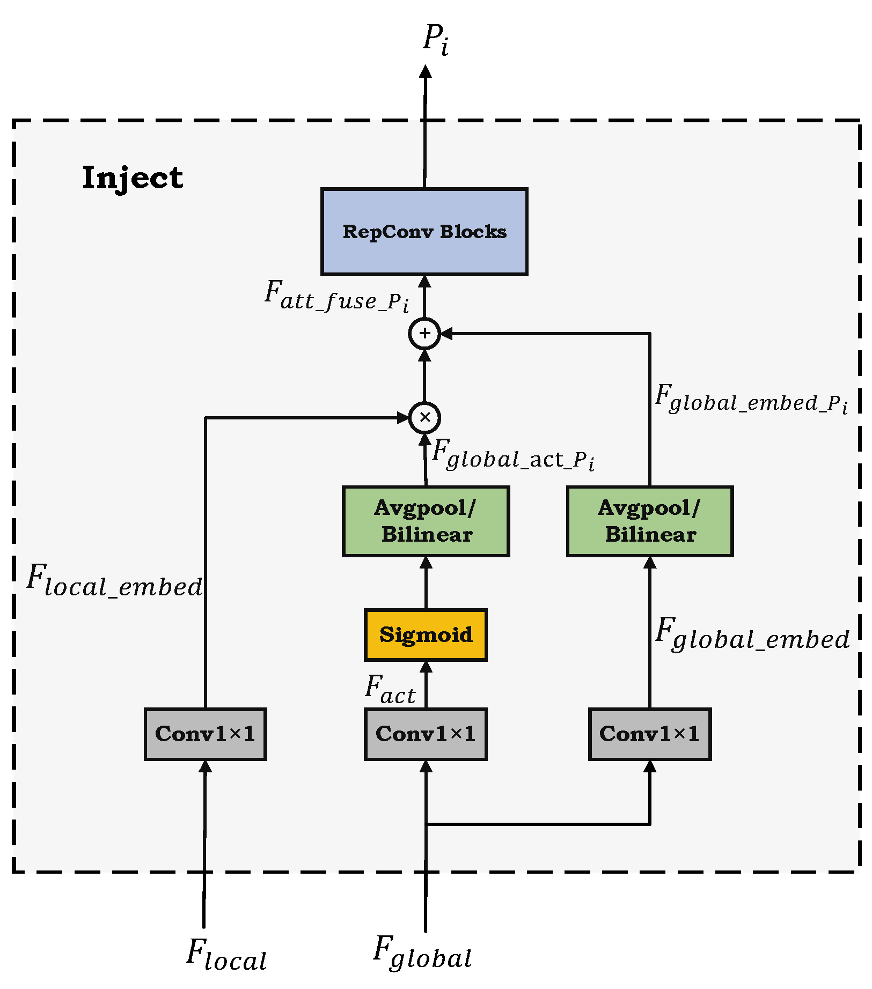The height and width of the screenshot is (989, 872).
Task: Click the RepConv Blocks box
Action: coord(424,232)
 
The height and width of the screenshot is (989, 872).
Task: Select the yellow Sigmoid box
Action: coord(426,635)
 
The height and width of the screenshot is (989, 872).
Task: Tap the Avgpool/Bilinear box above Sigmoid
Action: coord(426,521)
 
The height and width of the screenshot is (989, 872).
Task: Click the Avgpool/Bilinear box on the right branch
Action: coord(649,521)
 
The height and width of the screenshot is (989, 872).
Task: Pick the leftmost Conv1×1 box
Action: coord(205,734)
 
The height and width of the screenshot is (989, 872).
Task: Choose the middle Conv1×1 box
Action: coord(426,734)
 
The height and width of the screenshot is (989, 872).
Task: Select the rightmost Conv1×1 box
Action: coord(649,734)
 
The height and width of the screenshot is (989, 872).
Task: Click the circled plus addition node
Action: coord(424,334)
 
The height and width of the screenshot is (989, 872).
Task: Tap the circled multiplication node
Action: coord(424,417)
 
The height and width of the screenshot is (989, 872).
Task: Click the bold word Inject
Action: coord(133,178)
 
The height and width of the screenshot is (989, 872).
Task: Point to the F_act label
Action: coord(390,690)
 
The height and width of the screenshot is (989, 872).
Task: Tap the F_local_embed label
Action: coord(115,581)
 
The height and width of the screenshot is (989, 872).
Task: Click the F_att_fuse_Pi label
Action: coord(336,297)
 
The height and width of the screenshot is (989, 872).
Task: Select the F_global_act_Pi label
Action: coord(512,455)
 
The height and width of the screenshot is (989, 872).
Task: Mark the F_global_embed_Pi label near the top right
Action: coord(751,399)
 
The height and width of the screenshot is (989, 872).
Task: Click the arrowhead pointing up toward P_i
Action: coord(426,72)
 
